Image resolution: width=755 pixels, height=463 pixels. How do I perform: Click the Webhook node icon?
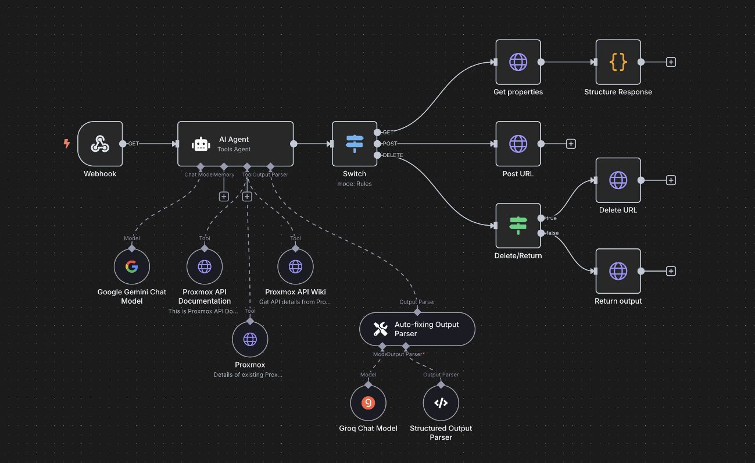pyautogui.click(x=100, y=144)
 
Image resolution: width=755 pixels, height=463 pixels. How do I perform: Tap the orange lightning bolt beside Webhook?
pyautogui.click(x=67, y=144)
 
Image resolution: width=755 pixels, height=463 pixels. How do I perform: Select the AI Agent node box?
pyautogui.click(x=235, y=144)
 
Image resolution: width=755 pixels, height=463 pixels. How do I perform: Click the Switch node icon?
pyautogui.click(x=354, y=144)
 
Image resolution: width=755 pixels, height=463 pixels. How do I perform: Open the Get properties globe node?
pyautogui.click(x=518, y=62)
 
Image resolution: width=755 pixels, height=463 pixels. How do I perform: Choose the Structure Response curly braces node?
pyautogui.click(x=618, y=62)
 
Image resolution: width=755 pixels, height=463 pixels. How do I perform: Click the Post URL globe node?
pyautogui.click(x=518, y=144)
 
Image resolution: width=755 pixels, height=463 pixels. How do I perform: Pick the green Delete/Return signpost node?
pyautogui.click(x=518, y=226)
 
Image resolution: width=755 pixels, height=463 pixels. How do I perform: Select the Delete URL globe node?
pyautogui.click(x=618, y=180)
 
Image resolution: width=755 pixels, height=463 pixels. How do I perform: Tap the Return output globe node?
pyautogui.click(x=618, y=271)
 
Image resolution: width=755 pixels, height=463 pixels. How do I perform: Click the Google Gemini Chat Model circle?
pyautogui.click(x=132, y=267)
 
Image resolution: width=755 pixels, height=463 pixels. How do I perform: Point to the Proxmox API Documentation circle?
pyautogui.click(x=205, y=267)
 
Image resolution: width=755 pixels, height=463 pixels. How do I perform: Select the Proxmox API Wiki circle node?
pyautogui.click(x=295, y=267)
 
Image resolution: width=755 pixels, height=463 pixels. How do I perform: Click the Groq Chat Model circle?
pyautogui.click(x=368, y=403)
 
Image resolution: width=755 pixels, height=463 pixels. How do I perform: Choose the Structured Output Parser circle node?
pyautogui.click(x=441, y=403)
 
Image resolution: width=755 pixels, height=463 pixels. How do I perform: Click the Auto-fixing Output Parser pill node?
pyautogui.click(x=417, y=329)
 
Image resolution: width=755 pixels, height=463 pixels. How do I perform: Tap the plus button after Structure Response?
pyautogui.click(x=671, y=62)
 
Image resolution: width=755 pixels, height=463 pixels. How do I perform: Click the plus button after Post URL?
pyautogui.click(x=571, y=144)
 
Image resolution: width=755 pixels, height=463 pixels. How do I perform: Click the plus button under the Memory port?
pyautogui.click(x=224, y=197)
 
